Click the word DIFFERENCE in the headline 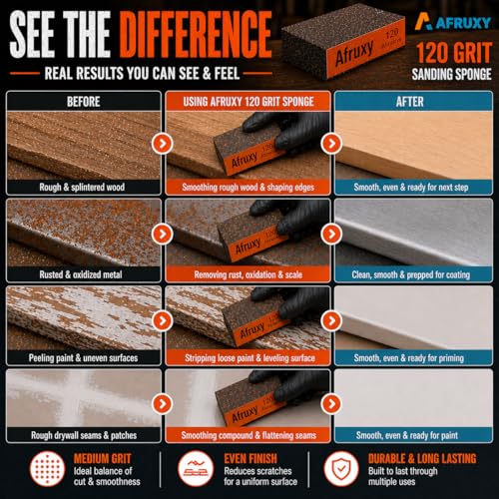coord(196,34)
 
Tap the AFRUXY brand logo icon coord(423,22)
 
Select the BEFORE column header coord(84,102)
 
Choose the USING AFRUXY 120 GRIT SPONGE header coord(249,102)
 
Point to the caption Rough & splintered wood coord(82,187)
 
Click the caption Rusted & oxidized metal coord(81,274)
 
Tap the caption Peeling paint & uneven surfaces coord(83,358)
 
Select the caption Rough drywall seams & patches coord(84,435)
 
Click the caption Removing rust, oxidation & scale coord(249,274)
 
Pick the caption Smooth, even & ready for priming coord(409,358)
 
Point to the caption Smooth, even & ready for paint coord(407,435)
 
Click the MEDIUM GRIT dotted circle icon coord(47,469)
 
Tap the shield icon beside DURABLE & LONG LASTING coord(341,469)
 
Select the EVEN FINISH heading coord(250,459)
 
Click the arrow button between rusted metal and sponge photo coord(163,234)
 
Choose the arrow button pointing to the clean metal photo coord(331,234)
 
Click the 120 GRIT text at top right coord(454,53)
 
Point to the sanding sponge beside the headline coord(343,41)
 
